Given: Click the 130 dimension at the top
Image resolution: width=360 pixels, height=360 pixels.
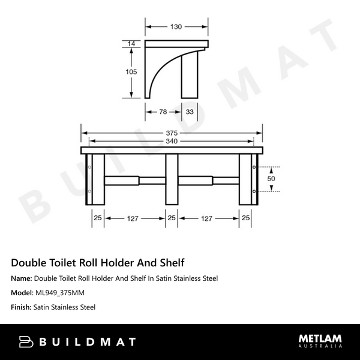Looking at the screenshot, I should point(176,26).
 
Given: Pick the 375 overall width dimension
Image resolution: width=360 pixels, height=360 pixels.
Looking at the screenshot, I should point(172,134).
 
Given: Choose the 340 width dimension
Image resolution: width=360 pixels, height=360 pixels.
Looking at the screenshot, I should point(172,142).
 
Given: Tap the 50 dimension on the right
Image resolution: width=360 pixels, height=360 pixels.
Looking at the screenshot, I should point(271,179).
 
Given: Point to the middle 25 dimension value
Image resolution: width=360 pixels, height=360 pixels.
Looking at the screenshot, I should point(171,219).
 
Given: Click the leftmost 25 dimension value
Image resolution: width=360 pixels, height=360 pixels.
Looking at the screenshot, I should point(97,219).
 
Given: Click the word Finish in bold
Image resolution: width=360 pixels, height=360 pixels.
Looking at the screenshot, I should point(21,307).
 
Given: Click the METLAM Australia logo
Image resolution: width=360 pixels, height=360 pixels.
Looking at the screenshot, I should point(320,341).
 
